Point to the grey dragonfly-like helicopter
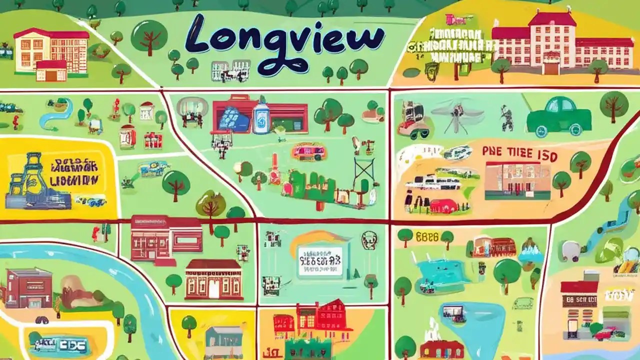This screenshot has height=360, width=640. (x=457, y=112)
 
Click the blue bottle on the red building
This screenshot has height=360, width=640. (x=260, y=117)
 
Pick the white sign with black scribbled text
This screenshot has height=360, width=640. (x=320, y=261)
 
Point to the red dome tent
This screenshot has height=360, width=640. (x=442, y=205)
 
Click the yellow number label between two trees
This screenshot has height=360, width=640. (x=426, y=235)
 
